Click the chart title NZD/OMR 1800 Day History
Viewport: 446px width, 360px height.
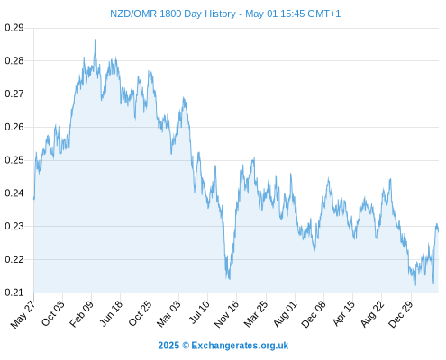coord(173,13)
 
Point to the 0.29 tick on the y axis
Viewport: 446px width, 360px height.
coord(14,28)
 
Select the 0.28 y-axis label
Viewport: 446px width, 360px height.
coord(14,61)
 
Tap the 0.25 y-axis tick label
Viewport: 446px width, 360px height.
coord(14,160)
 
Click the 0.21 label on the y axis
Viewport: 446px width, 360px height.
coord(14,292)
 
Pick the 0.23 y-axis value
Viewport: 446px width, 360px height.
coord(14,226)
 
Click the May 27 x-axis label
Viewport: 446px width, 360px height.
coord(23,314)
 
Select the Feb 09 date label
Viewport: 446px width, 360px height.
coord(81,314)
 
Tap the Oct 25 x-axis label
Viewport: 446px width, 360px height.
coord(140,314)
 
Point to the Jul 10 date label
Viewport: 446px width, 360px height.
coord(199,312)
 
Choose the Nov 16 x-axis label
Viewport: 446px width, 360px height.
coord(226,314)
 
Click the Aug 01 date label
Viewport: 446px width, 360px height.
coord(285,314)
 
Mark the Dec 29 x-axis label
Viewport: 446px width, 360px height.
coord(400,314)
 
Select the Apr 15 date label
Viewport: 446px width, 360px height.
coord(343,313)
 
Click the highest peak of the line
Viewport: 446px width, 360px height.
coord(95,40)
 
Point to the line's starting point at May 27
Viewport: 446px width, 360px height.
coord(34,199)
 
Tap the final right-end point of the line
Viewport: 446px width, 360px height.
coord(438,231)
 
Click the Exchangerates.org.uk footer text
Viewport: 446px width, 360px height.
coord(240,346)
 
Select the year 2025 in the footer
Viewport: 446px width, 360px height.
coord(168,346)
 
